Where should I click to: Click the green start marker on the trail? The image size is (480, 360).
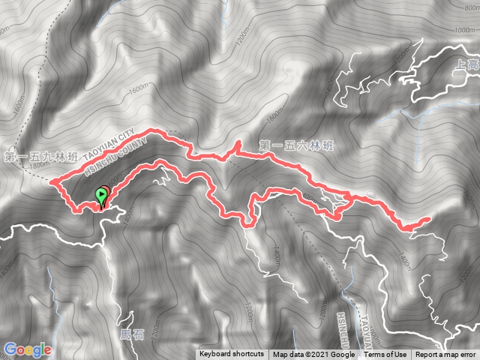(101, 197)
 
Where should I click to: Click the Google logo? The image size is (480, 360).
(27, 349)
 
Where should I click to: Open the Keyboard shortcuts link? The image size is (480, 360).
(231, 355)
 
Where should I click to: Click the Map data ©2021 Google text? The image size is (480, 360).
(313, 355)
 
